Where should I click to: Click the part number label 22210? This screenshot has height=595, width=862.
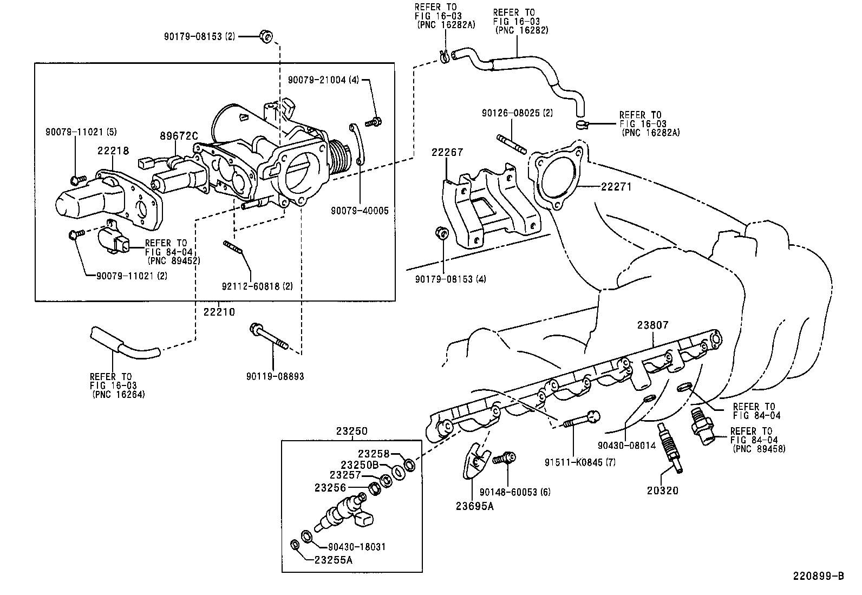pos(219,312)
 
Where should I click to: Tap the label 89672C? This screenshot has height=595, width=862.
pos(179,135)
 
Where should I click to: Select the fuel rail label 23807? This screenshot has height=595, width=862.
pos(652,325)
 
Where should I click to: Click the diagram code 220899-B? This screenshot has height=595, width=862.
pos(819,576)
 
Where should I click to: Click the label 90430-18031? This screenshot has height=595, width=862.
pos(356,547)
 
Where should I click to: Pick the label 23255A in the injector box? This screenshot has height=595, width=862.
pos(333,560)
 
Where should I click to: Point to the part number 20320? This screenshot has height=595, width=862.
pos(662,491)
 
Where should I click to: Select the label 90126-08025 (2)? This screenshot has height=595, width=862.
pos(518,113)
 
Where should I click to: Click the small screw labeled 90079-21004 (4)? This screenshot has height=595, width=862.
pos(374,122)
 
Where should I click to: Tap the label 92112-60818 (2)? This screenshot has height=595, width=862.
pos(258,286)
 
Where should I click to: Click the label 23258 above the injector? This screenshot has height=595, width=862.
pos(374,454)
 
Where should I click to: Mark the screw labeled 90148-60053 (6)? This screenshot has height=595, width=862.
pos(505,460)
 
